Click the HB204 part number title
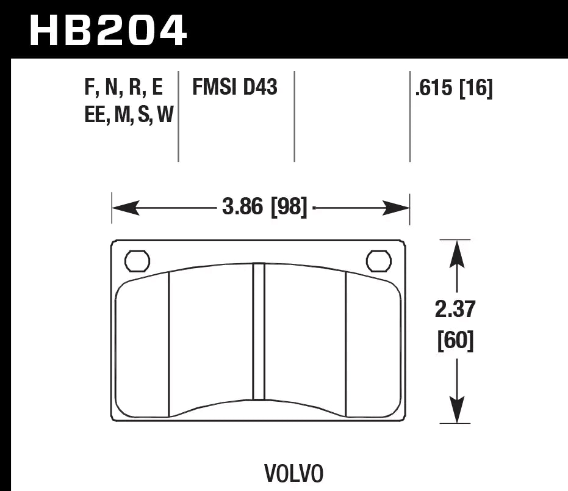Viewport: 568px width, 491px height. pos(107,30)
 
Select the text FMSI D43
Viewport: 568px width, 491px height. pos(235,88)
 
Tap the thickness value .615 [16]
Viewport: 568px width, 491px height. pos(453,89)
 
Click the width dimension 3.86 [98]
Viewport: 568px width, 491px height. pos(264,208)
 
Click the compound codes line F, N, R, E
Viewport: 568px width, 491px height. pos(124,89)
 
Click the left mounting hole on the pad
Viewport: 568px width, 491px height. pos(137,261)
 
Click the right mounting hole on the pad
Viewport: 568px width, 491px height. pos(378,261)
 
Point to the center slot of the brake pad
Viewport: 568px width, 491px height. pos(259,331)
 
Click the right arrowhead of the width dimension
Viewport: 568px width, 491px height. pos(397,209)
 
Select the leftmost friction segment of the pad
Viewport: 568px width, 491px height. pos(142,348)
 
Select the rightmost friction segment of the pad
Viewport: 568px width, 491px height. pos(373,348)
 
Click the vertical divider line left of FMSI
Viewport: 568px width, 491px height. pos(178,116)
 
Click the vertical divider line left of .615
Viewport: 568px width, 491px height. pos(409,116)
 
